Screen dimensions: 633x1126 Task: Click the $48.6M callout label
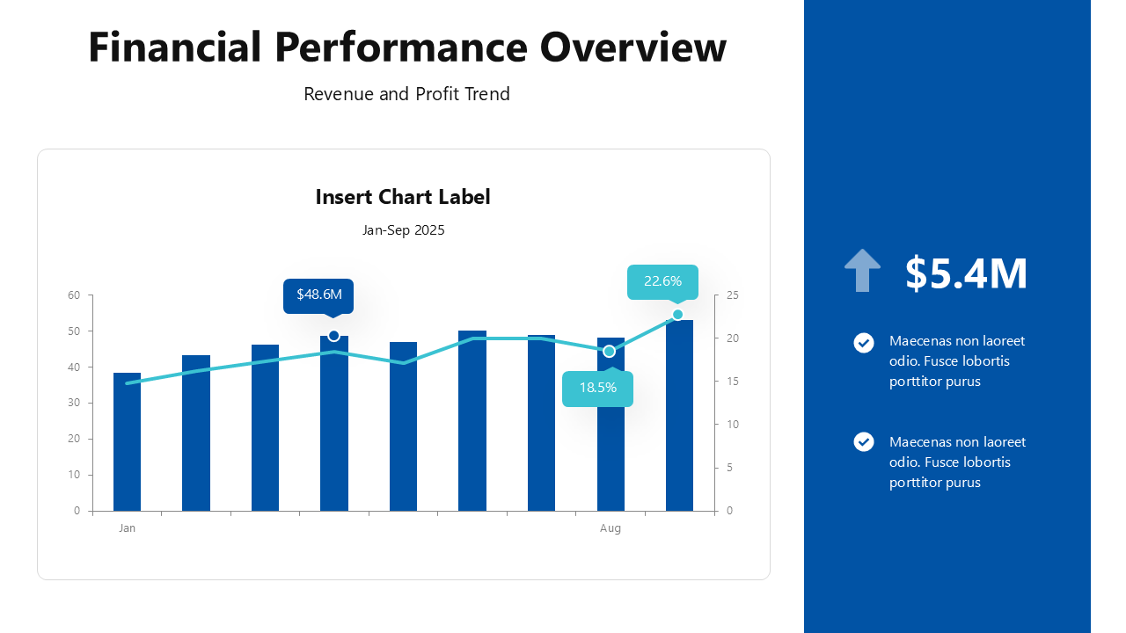(x=318, y=295)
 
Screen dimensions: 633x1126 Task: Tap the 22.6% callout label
(x=662, y=281)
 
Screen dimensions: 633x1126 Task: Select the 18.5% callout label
(x=597, y=388)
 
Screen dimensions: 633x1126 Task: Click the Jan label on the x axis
(x=128, y=528)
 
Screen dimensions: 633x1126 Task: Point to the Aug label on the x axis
(x=611, y=528)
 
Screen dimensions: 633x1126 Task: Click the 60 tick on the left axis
(x=74, y=295)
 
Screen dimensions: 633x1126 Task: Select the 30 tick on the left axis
(x=74, y=403)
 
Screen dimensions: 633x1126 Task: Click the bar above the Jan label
(x=128, y=444)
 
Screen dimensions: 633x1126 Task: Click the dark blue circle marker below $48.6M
(x=333, y=336)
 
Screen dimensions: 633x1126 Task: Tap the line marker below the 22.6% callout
(x=677, y=315)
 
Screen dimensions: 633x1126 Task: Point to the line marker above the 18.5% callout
(x=609, y=352)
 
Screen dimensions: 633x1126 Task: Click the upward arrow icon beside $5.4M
(x=862, y=271)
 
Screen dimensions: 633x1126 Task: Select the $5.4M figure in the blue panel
(x=966, y=273)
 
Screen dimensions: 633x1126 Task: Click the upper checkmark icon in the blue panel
(x=864, y=343)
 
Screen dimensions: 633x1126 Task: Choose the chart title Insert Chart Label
(x=403, y=197)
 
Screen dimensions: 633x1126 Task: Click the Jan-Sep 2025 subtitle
(x=403, y=230)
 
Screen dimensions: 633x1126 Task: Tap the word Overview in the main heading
(x=633, y=47)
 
